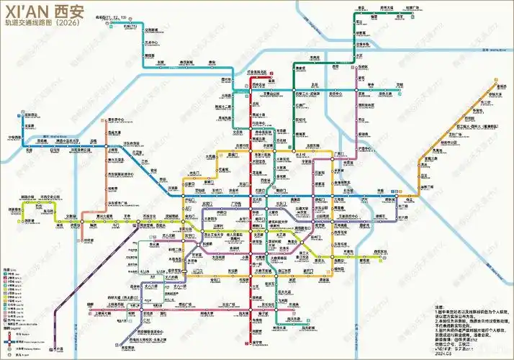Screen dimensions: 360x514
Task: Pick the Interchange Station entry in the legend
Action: (18, 341)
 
